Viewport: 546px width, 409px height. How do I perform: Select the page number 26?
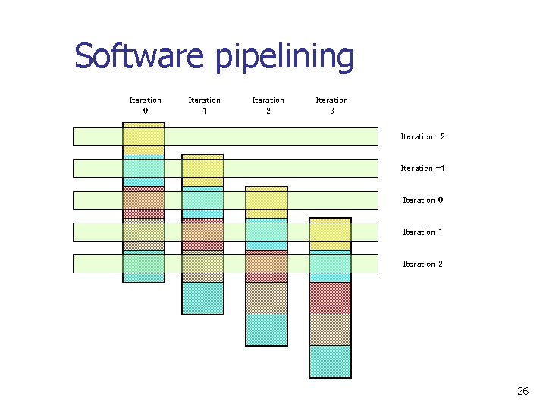tap(522, 391)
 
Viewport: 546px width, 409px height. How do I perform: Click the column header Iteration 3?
tap(331, 105)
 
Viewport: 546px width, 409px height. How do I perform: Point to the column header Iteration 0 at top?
tap(145, 105)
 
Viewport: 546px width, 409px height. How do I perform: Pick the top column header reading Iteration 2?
tap(268, 105)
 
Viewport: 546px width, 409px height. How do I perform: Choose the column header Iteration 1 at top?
tap(204, 105)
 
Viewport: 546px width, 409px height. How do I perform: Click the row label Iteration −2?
tap(422, 137)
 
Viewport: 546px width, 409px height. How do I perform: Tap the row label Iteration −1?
tap(422, 169)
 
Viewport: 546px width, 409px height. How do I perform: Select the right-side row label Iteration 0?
tap(422, 201)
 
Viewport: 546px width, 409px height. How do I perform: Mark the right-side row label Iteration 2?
tap(422, 264)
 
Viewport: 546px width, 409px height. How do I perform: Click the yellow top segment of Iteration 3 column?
tap(330, 235)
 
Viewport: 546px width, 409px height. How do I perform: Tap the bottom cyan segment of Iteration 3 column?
tap(330, 361)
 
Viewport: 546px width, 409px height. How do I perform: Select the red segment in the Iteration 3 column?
tap(330, 298)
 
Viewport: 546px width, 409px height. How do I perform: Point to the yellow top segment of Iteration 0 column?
tap(143, 139)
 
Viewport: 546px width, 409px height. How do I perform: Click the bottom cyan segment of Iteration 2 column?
tap(266, 329)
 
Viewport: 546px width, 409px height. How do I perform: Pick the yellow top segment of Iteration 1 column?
tap(202, 171)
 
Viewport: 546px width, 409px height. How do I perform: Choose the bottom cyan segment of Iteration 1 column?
tap(202, 298)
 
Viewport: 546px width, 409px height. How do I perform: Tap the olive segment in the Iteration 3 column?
tap(330, 329)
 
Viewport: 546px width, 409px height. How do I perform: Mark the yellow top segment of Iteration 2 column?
tap(266, 203)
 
